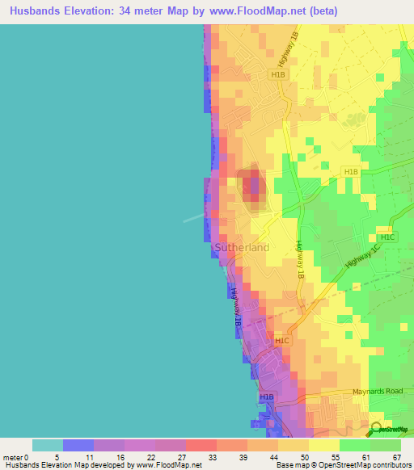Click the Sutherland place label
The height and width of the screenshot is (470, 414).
coord(242,247)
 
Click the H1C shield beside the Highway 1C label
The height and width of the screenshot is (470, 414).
coord(387,237)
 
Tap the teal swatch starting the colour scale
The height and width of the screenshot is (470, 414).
coord(48,445)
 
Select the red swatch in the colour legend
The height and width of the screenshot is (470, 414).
coord(201,445)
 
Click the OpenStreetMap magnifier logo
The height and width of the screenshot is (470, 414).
coord(375,429)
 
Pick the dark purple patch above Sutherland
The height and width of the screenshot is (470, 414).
coord(255,187)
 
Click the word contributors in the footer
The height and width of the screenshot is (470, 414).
coord(392,466)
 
